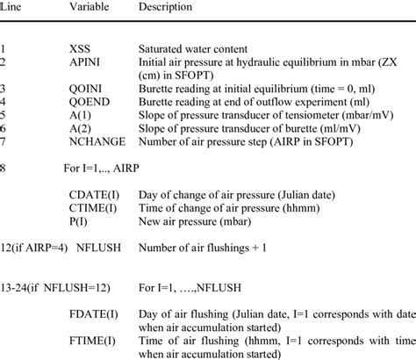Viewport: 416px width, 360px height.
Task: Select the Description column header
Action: tap(170, 8)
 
